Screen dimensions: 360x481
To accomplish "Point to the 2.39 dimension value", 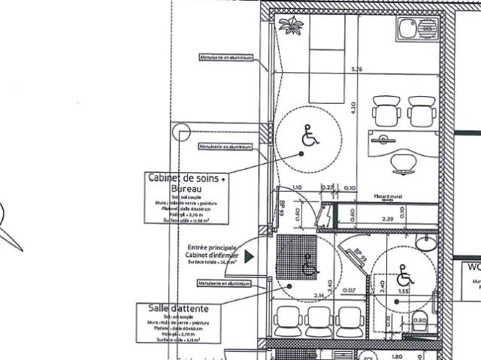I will pyautogui.click(x=389, y=219).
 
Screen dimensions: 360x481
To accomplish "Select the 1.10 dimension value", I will pyautogui.click(x=296, y=188).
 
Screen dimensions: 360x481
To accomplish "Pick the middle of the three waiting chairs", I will pyautogui.click(x=321, y=321).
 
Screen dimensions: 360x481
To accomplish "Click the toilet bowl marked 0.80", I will pyautogui.click(x=419, y=319).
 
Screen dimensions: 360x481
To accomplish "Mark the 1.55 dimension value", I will pyautogui.click(x=403, y=289).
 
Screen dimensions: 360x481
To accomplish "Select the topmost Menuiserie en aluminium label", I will pyautogui.click(x=224, y=57).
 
